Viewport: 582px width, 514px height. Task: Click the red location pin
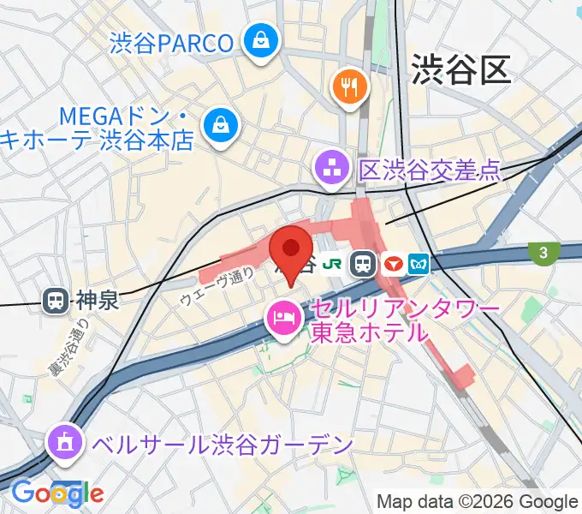point(290,249)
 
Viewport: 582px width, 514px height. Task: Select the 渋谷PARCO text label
point(171,43)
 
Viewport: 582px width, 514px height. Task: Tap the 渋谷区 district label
point(460,69)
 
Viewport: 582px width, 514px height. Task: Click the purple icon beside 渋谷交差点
point(330,168)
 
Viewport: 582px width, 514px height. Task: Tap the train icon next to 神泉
point(56,301)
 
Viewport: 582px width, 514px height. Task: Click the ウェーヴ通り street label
point(217,286)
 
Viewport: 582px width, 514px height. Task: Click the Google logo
point(57,493)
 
